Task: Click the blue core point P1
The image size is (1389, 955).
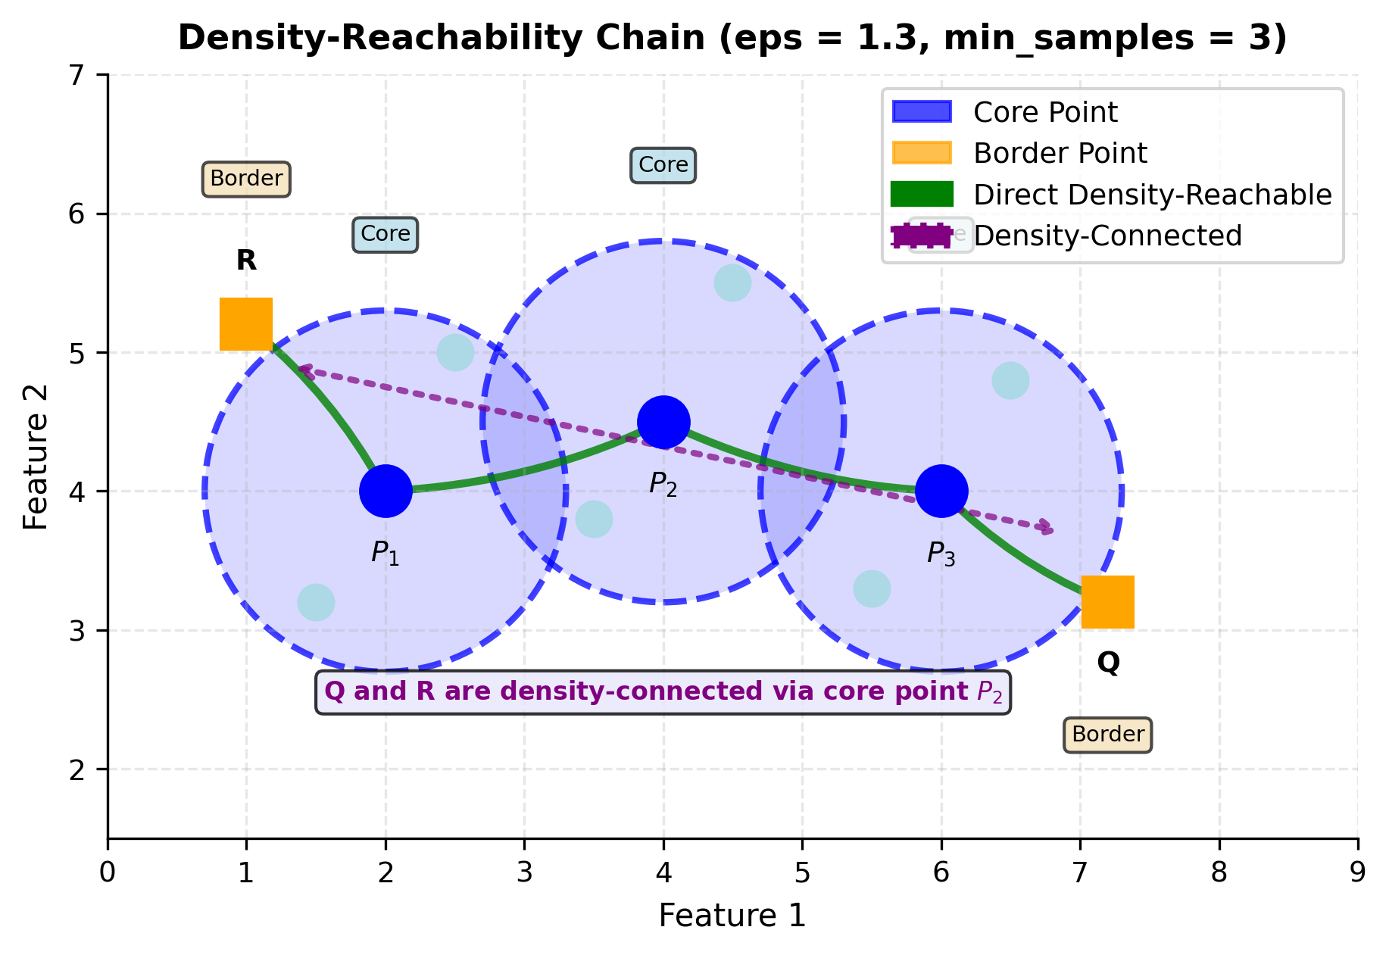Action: pyautogui.click(x=385, y=491)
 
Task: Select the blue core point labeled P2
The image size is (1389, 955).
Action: pyautogui.click(x=663, y=422)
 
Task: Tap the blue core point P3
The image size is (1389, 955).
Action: pyautogui.click(x=941, y=491)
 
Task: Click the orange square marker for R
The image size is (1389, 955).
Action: pyautogui.click(x=246, y=324)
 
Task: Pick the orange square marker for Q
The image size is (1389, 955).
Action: pyautogui.click(x=1108, y=602)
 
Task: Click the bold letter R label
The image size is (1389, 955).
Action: pyautogui.click(x=246, y=261)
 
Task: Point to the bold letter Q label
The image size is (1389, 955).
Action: pyautogui.click(x=1108, y=663)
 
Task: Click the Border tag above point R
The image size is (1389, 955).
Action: pyautogui.click(x=246, y=179)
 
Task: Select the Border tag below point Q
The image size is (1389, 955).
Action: pyautogui.click(x=1108, y=735)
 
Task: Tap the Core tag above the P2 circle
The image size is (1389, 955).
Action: pyautogui.click(x=663, y=165)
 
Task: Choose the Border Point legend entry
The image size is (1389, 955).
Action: pyautogui.click(x=1060, y=153)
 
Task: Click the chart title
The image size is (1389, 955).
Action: pyautogui.click(x=732, y=38)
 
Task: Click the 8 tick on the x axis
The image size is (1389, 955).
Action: pyautogui.click(x=1219, y=872)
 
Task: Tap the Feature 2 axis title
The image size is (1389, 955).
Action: pyautogui.click(x=36, y=457)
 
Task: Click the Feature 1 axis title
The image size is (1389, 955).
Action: pyautogui.click(x=732, y=916)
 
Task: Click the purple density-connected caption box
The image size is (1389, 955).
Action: pyautogui.click(x=663, y=691)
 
